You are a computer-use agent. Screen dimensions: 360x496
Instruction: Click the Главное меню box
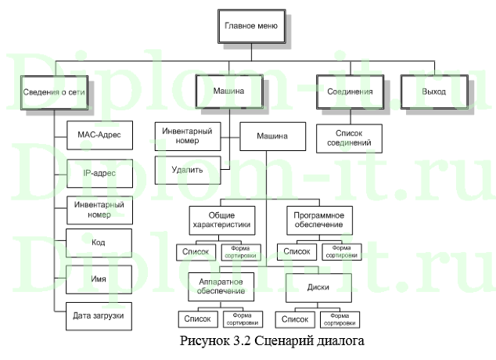251,26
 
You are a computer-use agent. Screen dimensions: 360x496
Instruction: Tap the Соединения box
350,92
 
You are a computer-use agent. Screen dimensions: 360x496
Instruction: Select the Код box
97,243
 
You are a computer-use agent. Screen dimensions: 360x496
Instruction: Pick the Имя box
97,279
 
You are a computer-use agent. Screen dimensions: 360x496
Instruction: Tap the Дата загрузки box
97,315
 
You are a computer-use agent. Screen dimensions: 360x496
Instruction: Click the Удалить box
187,169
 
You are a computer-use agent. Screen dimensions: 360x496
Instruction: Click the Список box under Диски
295,319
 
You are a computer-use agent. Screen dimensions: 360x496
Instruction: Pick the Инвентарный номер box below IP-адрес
97,207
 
